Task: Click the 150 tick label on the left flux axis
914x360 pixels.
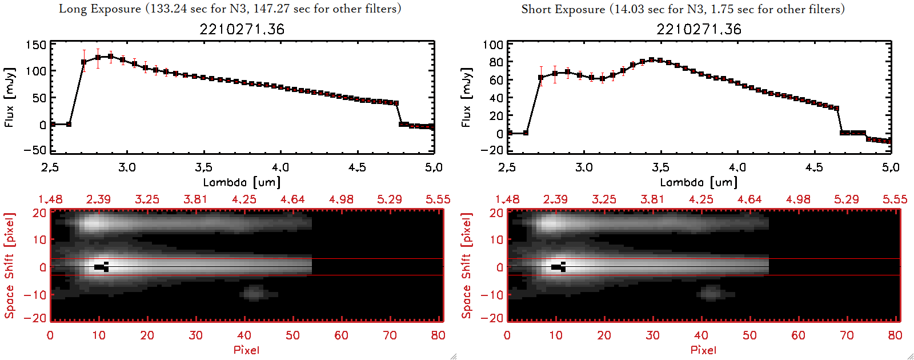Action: pyautogui.click(x=36, y=45)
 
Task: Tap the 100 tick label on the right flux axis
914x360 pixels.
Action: pyautogui.click(x=493, y=45)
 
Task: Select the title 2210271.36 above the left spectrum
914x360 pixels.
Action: pyautogui.click(x=242, y=29)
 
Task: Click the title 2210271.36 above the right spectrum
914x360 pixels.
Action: pyautogui.click(x=699, y=29)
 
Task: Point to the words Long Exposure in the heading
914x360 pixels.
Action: pyautogui.click(x=100, y=9)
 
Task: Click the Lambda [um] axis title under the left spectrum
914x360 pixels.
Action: pyautogui.click(x=242, y=182)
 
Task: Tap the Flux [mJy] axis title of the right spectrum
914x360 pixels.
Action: pyautogui.click(x=466, y=97)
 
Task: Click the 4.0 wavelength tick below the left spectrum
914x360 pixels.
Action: pyautogui.click(x=280, y=167)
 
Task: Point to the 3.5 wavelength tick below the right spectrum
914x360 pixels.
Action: pyautogui.click(x=660, y=167)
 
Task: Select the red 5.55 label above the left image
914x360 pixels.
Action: pyautogui.click(x=438, y=199)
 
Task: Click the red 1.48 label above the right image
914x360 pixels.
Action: pyautogui.click(x=507, y=199)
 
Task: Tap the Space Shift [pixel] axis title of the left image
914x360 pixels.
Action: pyautogui.click(x=9, y=266)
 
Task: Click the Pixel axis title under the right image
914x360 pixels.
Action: pyautogui.click(x=703, y=350)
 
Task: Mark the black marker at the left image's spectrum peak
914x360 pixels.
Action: pyautogui.click(x=102, y=267)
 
